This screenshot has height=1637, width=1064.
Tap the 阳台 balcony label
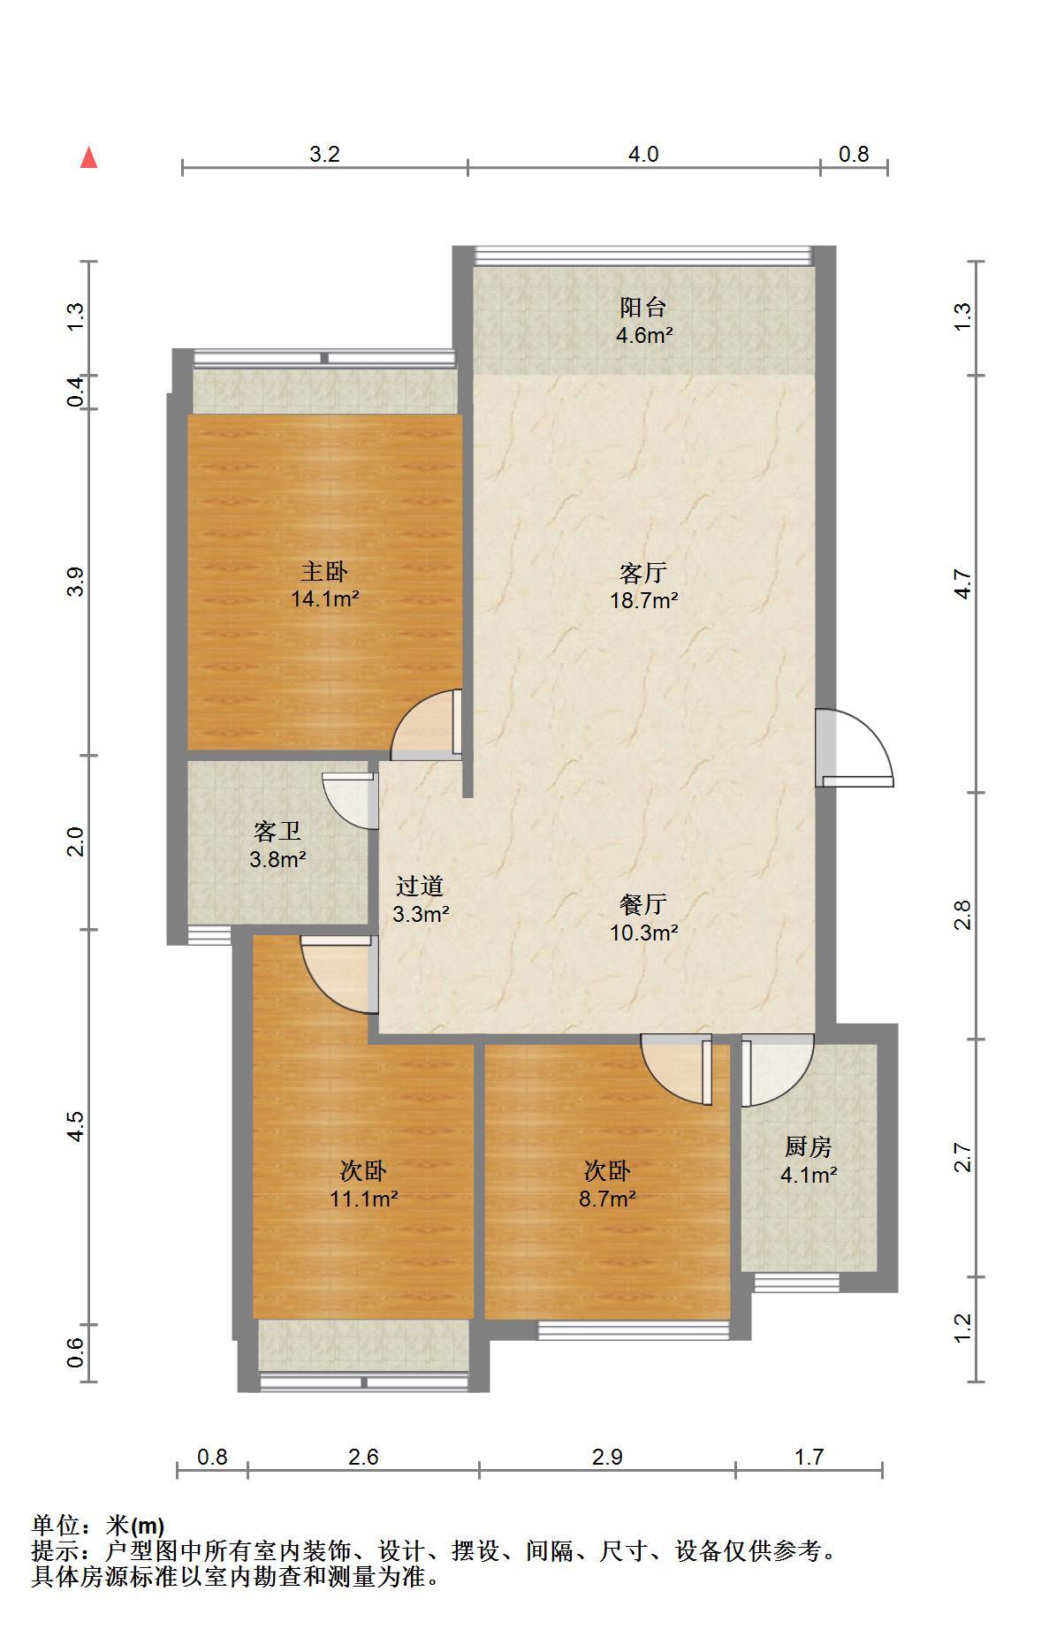coord(642,308)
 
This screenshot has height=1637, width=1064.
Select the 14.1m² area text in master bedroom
coord(325,599)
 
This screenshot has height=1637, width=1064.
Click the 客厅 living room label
coord(642,574)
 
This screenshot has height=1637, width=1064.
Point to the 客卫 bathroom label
coord(277,831)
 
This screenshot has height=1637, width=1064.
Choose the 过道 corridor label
coord(419,886)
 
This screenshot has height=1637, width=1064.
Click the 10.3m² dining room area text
coord(644,932)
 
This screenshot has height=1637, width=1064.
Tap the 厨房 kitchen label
coord(809,1147)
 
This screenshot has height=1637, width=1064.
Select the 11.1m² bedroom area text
coord(364,1199)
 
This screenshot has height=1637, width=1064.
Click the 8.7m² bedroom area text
coord(608,1199)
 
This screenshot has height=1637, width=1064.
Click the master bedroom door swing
coord(427,724)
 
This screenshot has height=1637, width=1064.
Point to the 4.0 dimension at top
coord(643,155)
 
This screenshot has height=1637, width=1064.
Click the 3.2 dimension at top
coord(324,155)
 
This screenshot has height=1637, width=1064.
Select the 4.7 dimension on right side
coord(963,584)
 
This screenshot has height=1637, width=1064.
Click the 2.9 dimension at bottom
coord(608,1457)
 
